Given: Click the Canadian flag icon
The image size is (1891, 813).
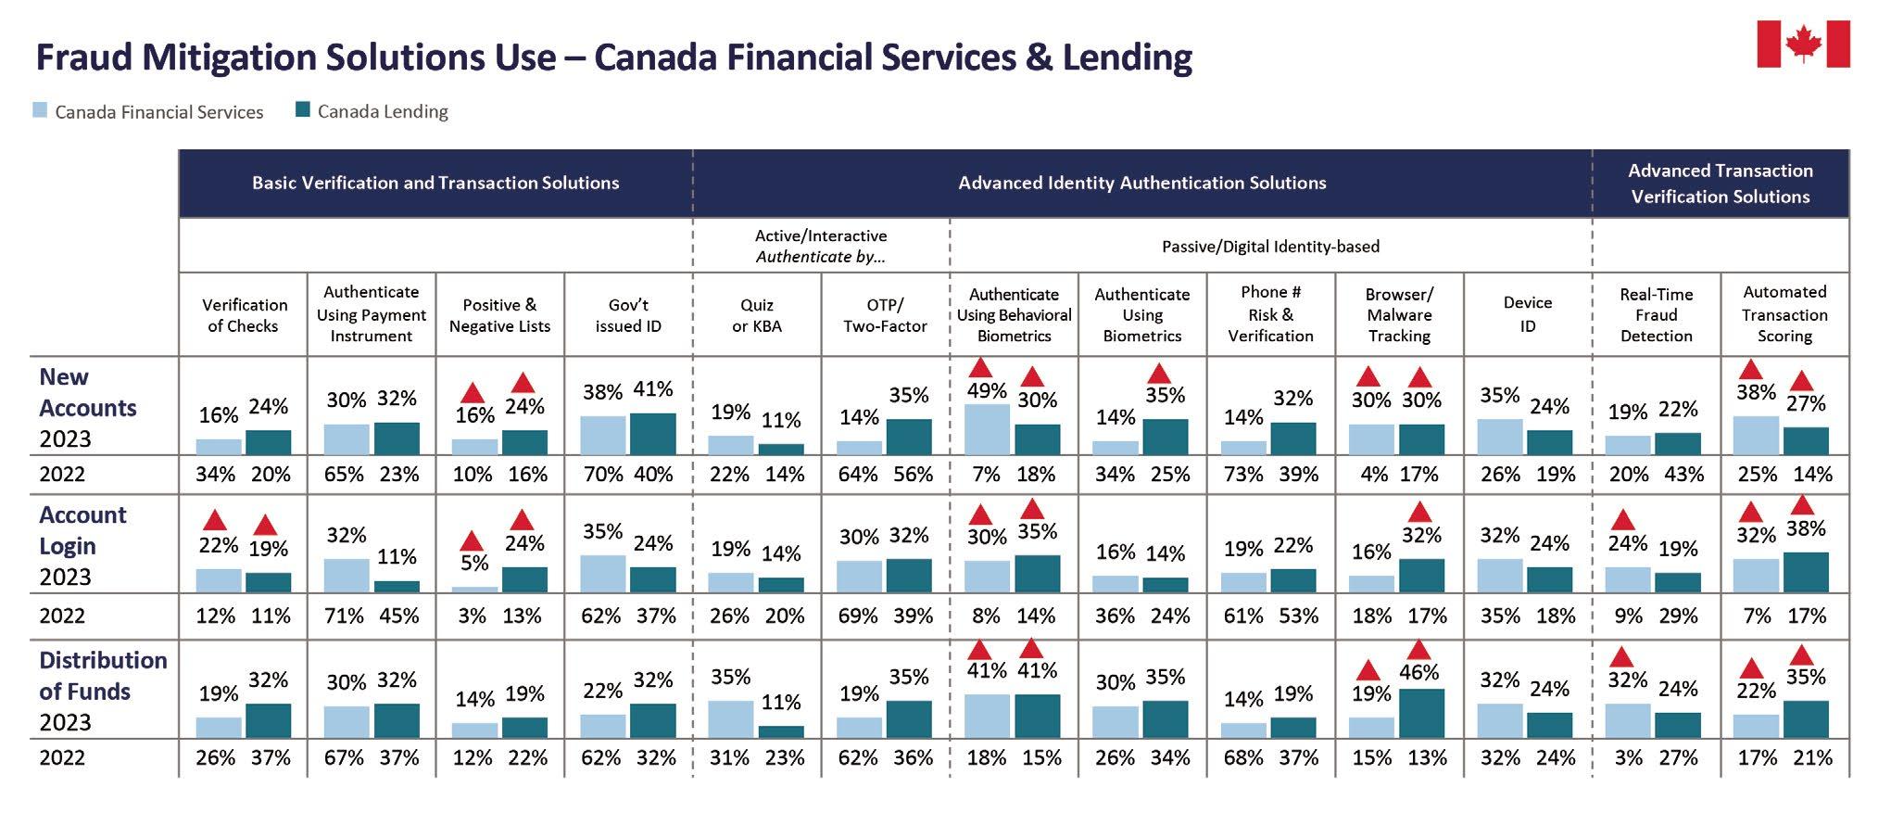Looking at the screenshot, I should pos(1802,44).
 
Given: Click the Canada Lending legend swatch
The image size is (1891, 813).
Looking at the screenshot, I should pos(302,110).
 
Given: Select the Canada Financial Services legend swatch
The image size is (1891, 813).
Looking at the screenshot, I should pos(40,110).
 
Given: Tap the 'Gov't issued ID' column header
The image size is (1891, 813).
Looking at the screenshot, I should pos(628,315).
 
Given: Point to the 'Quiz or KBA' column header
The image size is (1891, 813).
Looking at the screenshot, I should pos(756,315).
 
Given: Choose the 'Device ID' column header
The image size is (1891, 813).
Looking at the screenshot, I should pos(1527,314).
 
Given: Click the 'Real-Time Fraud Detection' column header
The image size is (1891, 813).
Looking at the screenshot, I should pos(1656,315).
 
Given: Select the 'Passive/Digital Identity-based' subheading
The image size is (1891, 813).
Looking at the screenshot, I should pos(1270,247).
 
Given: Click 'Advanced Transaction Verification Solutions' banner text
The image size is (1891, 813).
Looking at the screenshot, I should pos(1720,184).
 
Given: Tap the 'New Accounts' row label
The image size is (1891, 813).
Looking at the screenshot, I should pos(87,393).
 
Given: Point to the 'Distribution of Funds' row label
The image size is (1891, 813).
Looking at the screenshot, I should pos(103,676).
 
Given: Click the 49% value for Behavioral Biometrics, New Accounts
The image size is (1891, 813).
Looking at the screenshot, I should pos(987,391).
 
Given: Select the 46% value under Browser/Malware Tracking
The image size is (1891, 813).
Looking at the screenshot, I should pos(1419,672).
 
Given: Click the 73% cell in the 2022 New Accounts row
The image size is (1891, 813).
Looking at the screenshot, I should pos(1243,475).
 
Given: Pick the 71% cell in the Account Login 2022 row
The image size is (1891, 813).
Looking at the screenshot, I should pos(344,616).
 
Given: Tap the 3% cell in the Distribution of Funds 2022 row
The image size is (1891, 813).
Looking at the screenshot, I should pos(1628,758).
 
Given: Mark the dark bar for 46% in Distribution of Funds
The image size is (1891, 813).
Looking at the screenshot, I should pos(1421,713).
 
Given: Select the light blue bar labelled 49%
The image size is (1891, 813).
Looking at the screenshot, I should pos(987,428).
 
